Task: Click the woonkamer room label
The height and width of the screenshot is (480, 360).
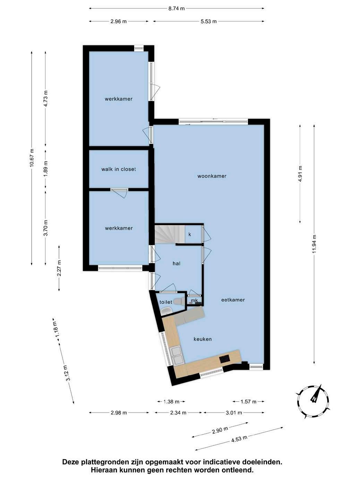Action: pos(212,176)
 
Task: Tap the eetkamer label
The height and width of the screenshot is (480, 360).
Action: pos(233,300)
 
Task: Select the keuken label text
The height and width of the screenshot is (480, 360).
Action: pos(203,339)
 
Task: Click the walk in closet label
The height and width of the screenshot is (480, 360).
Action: pos(119,169)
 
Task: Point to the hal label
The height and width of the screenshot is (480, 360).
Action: pos(177,264)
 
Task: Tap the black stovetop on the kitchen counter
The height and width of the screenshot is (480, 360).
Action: pos(225,359)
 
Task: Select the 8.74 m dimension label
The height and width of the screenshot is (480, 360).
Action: pos(177,9)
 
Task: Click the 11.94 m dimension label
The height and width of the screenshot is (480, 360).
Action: pos(314,244)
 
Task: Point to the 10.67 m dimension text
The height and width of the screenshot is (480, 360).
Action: pos(32,158)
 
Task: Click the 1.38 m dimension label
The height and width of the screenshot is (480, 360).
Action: pos(171,402)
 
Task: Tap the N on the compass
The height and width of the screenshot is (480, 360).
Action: pos(314,398)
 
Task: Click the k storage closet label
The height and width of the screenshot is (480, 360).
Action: pos(190,234)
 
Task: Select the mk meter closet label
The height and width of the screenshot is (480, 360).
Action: pos(194,300)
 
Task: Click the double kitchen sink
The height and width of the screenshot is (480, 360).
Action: pos(177,355)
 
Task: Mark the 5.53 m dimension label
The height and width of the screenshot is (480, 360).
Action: pos(209,21)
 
